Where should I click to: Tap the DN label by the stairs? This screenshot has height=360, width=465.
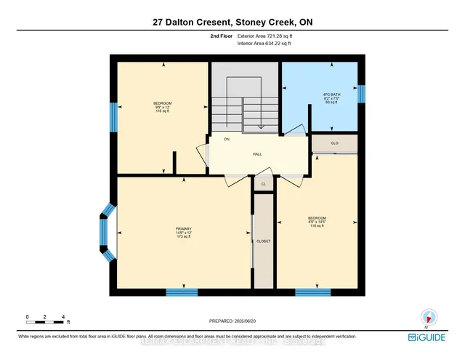tap(227, 139)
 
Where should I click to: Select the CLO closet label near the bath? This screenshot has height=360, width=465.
tap(334, 143)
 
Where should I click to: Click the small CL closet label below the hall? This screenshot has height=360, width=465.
tap(263, 185)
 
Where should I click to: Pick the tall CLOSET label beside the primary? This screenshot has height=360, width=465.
tap(263, 241)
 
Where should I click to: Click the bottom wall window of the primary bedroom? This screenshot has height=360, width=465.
tap(182, 292)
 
